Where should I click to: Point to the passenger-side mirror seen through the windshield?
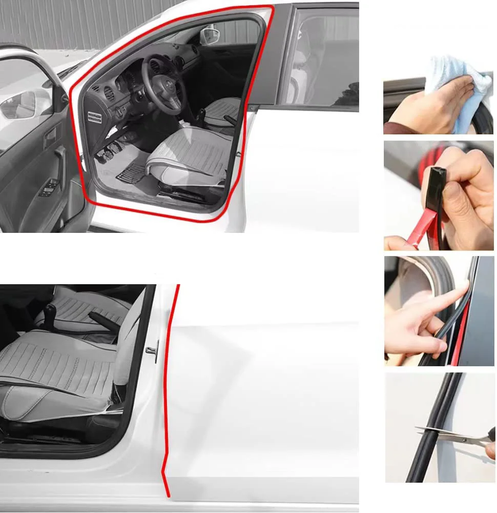[x=210, y=36]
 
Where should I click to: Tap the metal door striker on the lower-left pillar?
[x=152, y=350]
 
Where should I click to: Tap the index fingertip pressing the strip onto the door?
[x=463, y=290]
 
